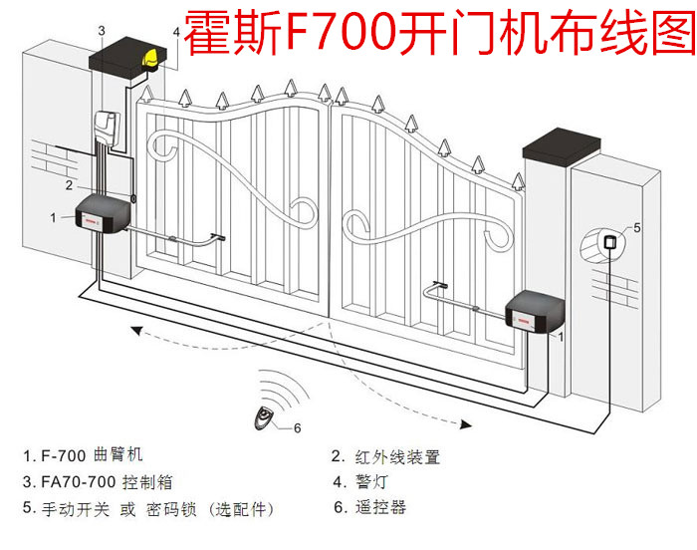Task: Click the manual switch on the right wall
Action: pyautogui.click(x=609, y=243)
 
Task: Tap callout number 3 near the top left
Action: pyautogui.click(x=101, y=32)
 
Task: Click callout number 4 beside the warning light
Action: pyautogui.click(x=176, y=32)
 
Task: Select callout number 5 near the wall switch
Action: pyautogui.click(x=637, y=227)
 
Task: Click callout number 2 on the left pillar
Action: pyautogui.click(x=69, y=184)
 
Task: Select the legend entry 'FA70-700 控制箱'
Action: pyautogui.click(x=97, y=482)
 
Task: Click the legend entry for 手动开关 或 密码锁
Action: pyautogui.click(x=146, y=508)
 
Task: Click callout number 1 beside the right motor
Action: pyautogui.click(x=563, y=338)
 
